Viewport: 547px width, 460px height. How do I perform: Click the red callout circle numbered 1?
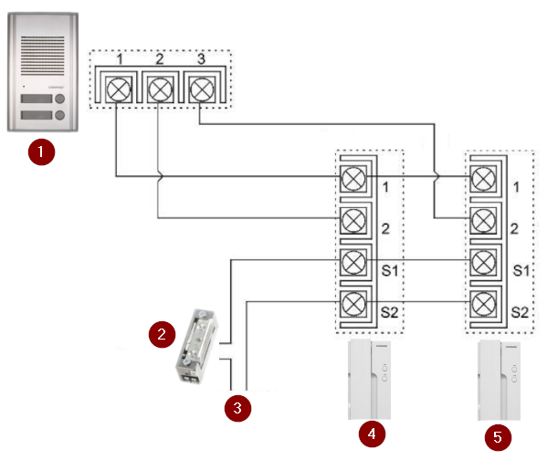tap(41, 152)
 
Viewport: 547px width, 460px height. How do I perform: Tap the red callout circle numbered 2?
tap(162, 334)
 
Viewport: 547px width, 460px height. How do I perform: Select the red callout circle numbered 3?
tap(237, 408)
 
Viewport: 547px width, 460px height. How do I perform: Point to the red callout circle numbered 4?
tap(373, 434)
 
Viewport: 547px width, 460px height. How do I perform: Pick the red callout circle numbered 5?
tap(499, 437)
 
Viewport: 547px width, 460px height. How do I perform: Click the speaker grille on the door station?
tap(43, 56)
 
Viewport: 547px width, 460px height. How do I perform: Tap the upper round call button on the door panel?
tap(60, 99)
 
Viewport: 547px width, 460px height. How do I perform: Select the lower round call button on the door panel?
tap(60, 115)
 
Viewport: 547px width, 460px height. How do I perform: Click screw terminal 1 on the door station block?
tap(119, 89)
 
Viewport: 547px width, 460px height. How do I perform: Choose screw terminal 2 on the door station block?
tap(160, 89)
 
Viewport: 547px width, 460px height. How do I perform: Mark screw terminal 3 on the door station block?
tap(201, 89)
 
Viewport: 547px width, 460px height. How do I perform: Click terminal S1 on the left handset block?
tap(353, 262)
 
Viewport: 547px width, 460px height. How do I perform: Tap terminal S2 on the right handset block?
tap(483, 304)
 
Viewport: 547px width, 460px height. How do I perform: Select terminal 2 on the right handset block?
tap(483, 220)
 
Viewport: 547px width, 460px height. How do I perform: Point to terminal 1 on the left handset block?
tap(353, 179)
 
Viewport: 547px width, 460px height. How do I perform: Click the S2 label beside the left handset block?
tap(389, 312)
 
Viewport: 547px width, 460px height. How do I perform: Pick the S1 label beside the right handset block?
tap(521, 271)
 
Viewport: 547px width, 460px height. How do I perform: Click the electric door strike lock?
tap(196, 347)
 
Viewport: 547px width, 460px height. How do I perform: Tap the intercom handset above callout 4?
tap(370, 380)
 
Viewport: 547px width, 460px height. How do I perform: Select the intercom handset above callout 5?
tap(500, 380)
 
